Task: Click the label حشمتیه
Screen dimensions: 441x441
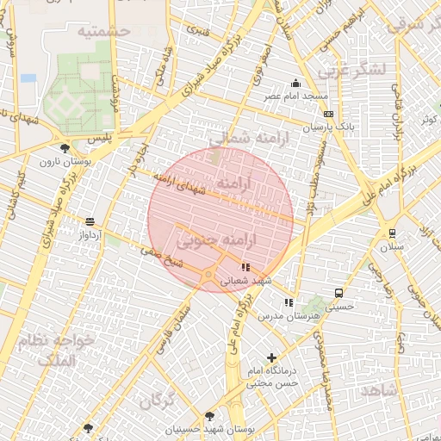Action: point(103,32)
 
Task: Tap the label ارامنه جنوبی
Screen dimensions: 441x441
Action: point(219,235)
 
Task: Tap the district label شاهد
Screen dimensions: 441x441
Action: point(379,391)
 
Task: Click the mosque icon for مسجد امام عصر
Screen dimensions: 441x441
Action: point(296,84)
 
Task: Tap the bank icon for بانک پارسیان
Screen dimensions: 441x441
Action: point(327,114)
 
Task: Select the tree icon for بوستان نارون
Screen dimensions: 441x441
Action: point(65,148)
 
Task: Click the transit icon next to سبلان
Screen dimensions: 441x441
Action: point(392,233)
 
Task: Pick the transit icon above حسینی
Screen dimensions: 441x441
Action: point(339,293)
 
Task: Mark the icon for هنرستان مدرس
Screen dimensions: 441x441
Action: point(289,302)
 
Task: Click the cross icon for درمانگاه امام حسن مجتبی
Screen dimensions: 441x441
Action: point(272,357)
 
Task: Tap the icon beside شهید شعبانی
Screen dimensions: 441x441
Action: point(245,267)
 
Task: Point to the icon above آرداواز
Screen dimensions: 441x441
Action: point(90,222)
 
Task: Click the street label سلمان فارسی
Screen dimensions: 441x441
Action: point(173,326)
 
